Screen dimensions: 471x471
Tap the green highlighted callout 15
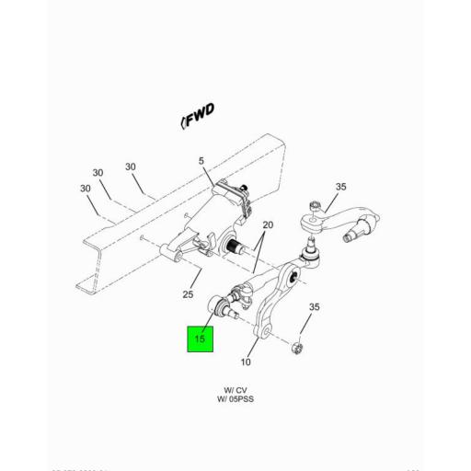(201, 339)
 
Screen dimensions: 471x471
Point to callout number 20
(269, 226)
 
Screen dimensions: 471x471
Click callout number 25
(189, 294)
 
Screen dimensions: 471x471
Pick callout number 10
(246, 362)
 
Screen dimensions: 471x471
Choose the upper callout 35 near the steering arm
(340, 187)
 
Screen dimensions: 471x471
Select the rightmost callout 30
(131, 167)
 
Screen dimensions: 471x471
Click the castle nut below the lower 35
(296, 348)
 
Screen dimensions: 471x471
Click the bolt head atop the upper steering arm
(316, 203)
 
